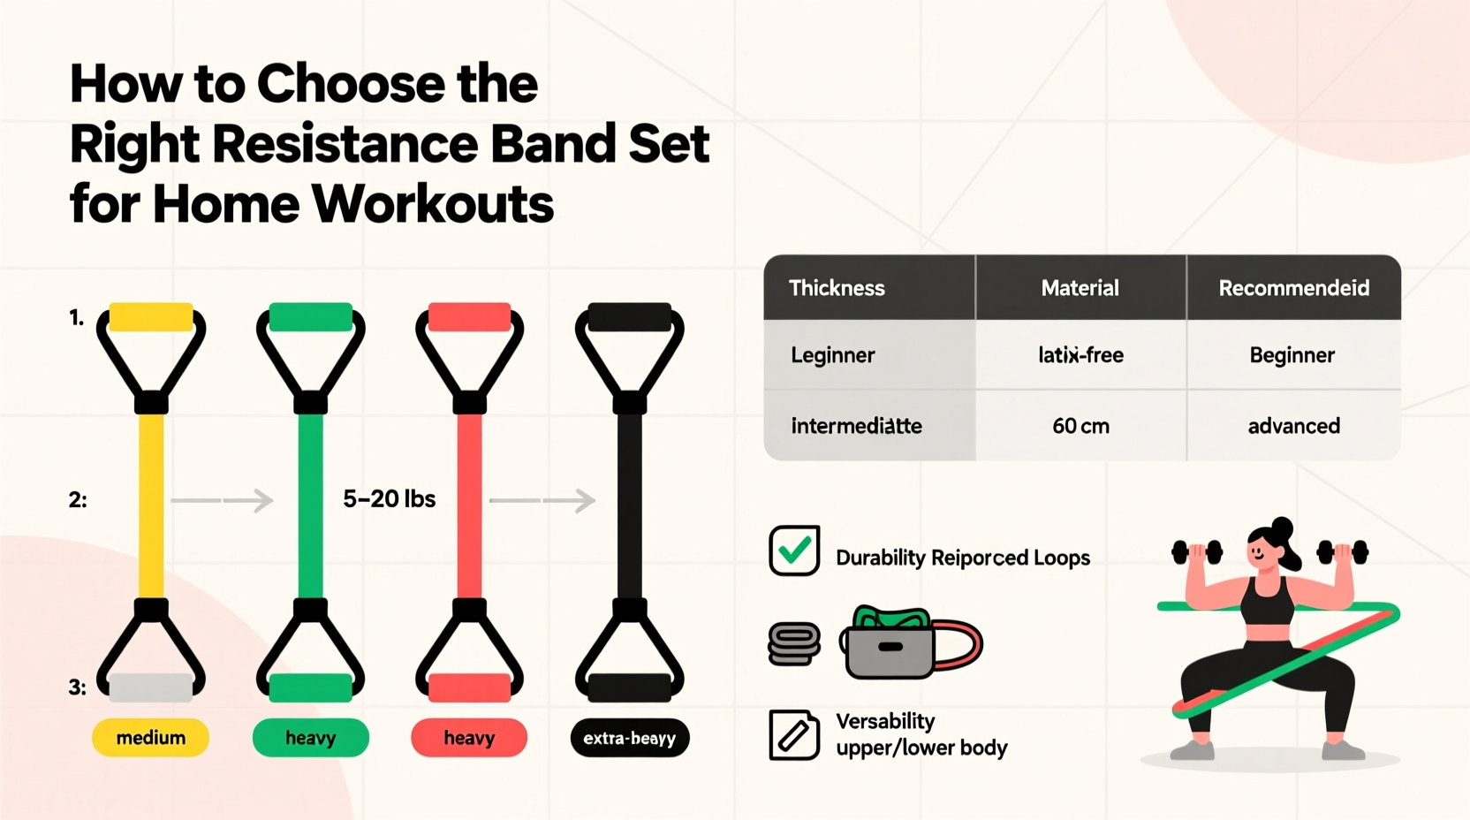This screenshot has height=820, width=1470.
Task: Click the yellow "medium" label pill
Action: click(x=150, y=738)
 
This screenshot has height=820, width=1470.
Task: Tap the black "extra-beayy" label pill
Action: click(x=629, y=738)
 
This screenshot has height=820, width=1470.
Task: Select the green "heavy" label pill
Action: click(x=310, y=738)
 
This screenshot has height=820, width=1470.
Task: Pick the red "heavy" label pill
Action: click(x=469, y=738)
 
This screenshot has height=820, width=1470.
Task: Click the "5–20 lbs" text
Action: click(x=389, y=499)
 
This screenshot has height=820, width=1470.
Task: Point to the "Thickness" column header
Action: click(x=837, y=288)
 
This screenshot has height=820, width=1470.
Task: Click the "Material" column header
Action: click(x=1080, y=288)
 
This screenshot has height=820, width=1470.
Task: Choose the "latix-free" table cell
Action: click(x=1080, y=355)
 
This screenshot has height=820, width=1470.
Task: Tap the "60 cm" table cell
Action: click(x=1080, y=426)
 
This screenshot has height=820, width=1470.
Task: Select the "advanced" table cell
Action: click(x=1293, y=426)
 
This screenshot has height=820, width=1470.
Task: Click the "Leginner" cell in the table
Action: click(x=833, y=355)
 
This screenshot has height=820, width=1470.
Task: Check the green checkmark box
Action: click(x=794, y=550)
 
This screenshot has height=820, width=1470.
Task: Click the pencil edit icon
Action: click(x=793, y=735)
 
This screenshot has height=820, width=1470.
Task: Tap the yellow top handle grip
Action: click(x=151, y=317)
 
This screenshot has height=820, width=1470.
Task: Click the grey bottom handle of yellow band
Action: click(x=151, y=687)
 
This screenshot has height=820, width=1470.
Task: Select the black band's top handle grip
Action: click(x=629, y=317)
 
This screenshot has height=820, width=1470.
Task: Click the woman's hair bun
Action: click(x=1282, y=527)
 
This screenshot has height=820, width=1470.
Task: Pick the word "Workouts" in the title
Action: click(x=433, y=204)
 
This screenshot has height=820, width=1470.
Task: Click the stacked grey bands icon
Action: click(x=794, y=643)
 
